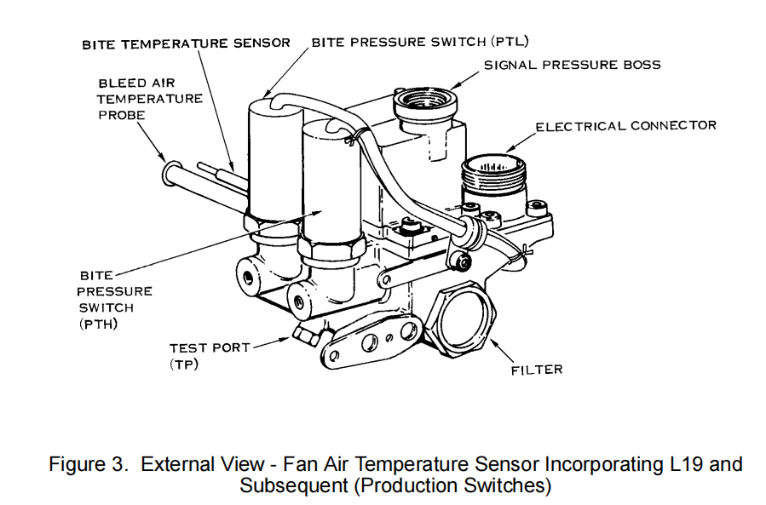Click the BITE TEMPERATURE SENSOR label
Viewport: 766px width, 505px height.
pyautogui.click(x=186, y=43)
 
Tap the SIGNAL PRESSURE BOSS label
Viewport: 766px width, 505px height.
pyautogui.click(x=572, y=65)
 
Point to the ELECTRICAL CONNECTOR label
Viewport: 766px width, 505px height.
pyautogui.click(x=625, y=126)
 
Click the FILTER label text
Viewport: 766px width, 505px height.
pyautogui.click(x=537, y=370)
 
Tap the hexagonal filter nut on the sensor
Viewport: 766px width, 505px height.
pyautogui.click(x=464, y=316)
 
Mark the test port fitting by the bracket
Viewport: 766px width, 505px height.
pyautogui.click(x=306, y=335)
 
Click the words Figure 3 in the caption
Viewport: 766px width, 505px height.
pyautogui.click(x=89, y=465)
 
